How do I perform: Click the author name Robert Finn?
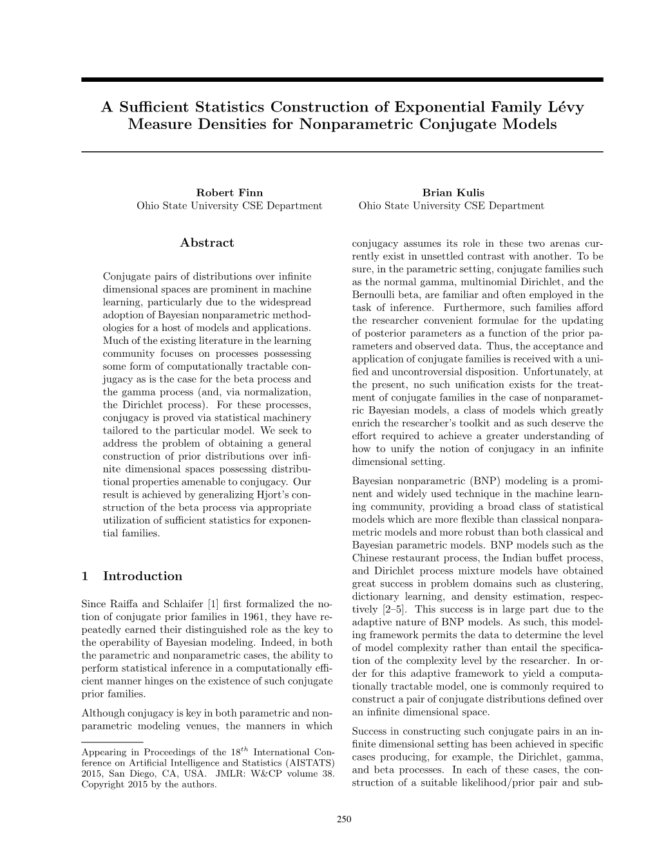tap(229, 193)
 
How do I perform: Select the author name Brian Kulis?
tap(453, 193)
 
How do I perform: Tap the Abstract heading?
tap(207, 243)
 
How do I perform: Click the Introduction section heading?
tap(142, 576)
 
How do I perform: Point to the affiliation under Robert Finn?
tap(229, 206)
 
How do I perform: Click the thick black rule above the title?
tap(342, 80)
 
